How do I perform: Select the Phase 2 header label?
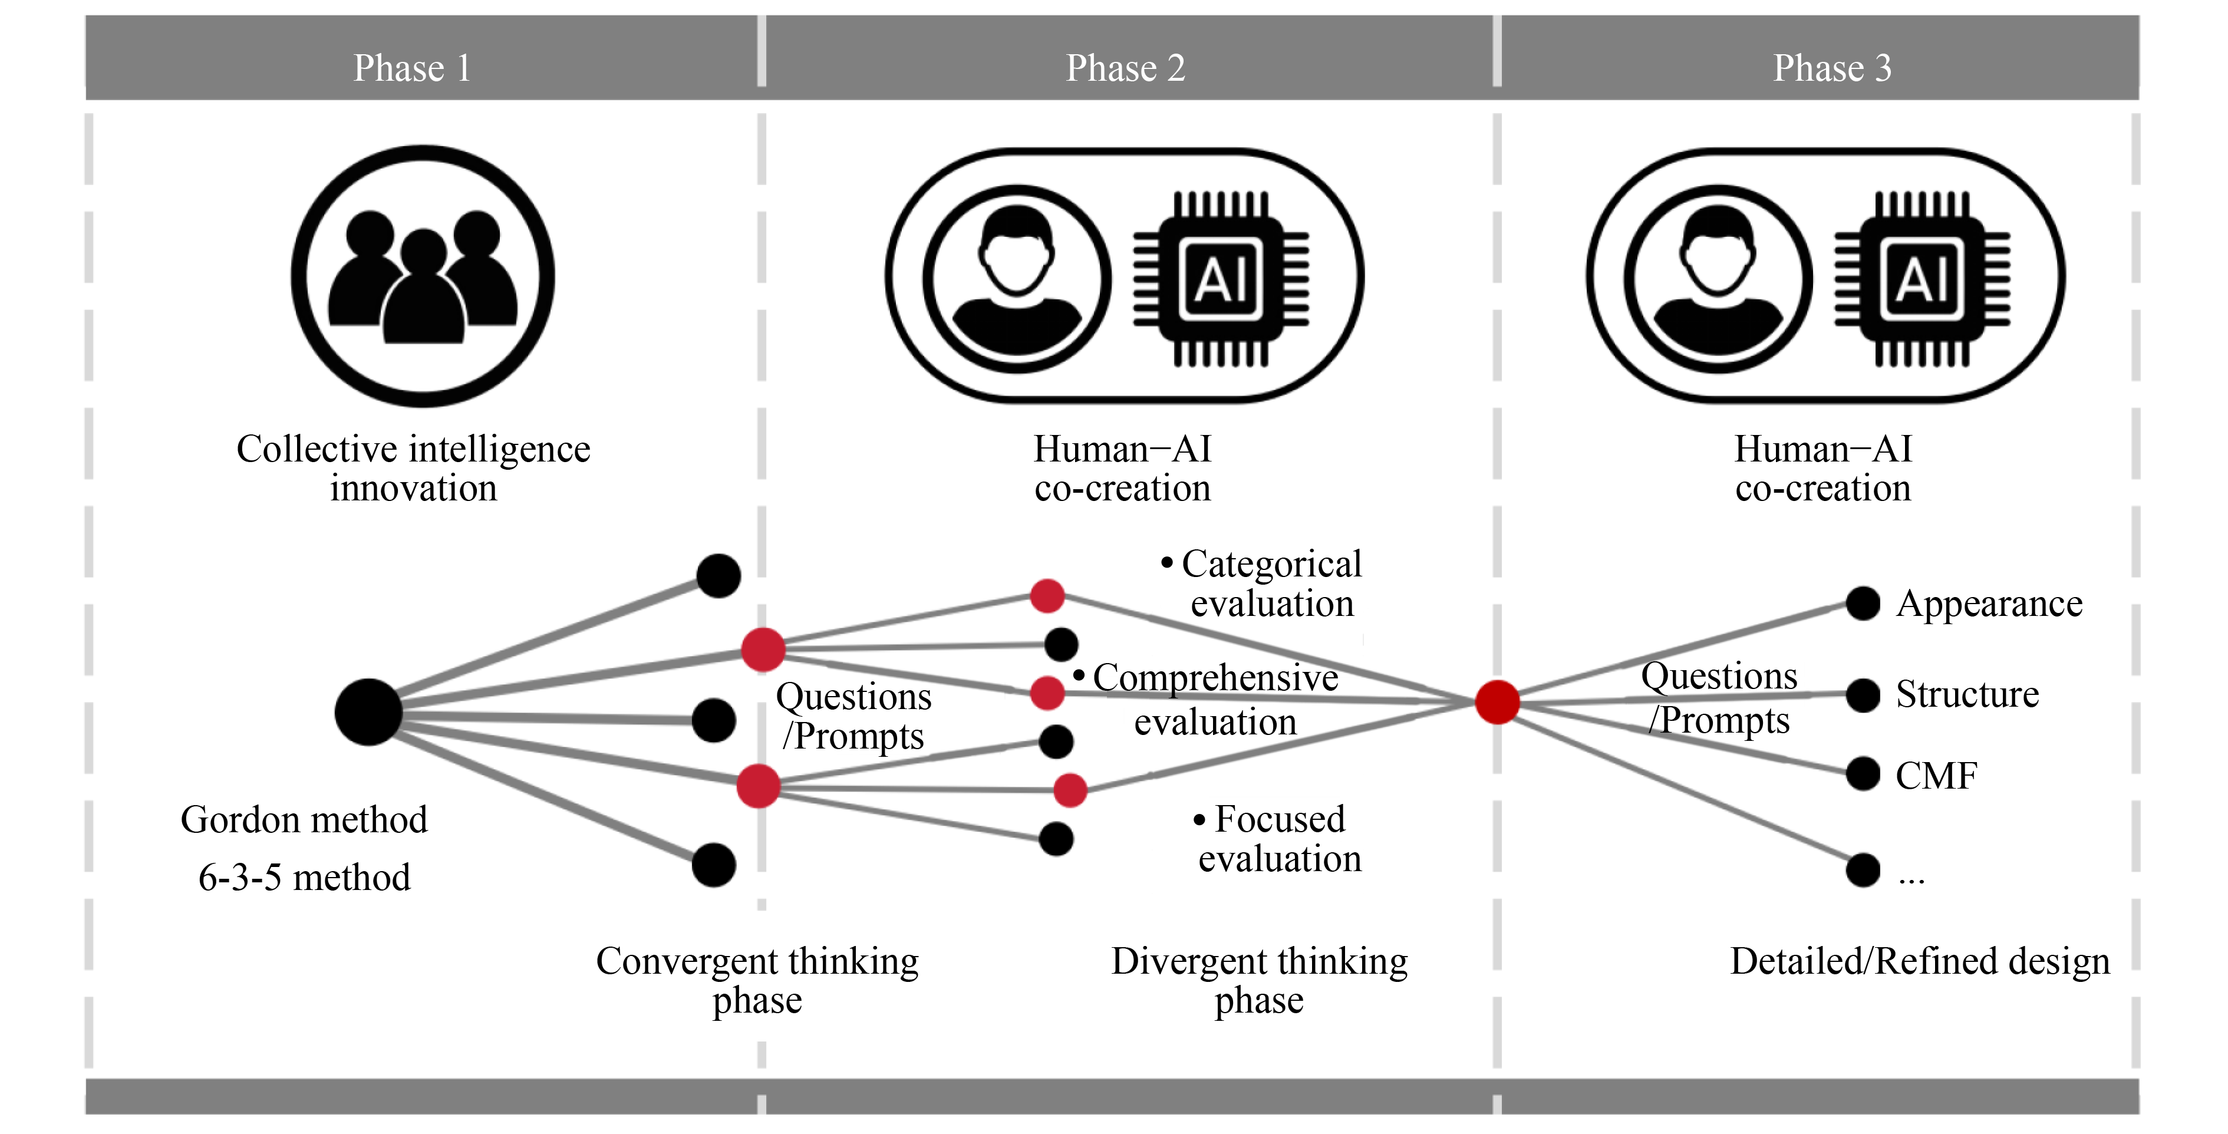(x=1125, y=67)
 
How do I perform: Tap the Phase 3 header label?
(x=1832, y=67)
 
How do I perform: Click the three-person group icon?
(x=423, y=276)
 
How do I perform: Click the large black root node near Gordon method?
(x=368, y=712)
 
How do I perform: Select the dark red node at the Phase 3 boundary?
(x=1497, y=701)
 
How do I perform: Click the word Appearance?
(x=1989, y=604)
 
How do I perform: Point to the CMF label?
(x=1936, y=775)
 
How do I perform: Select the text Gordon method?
(x=304, y=819)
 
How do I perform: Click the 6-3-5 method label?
(x=304, y=877)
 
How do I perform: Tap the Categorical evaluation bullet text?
(x=1270, y=583)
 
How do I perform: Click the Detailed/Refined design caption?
(x=1919, y=961)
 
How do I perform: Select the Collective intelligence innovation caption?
(x=413, y=468)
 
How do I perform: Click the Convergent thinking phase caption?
(x=757, y=980)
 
